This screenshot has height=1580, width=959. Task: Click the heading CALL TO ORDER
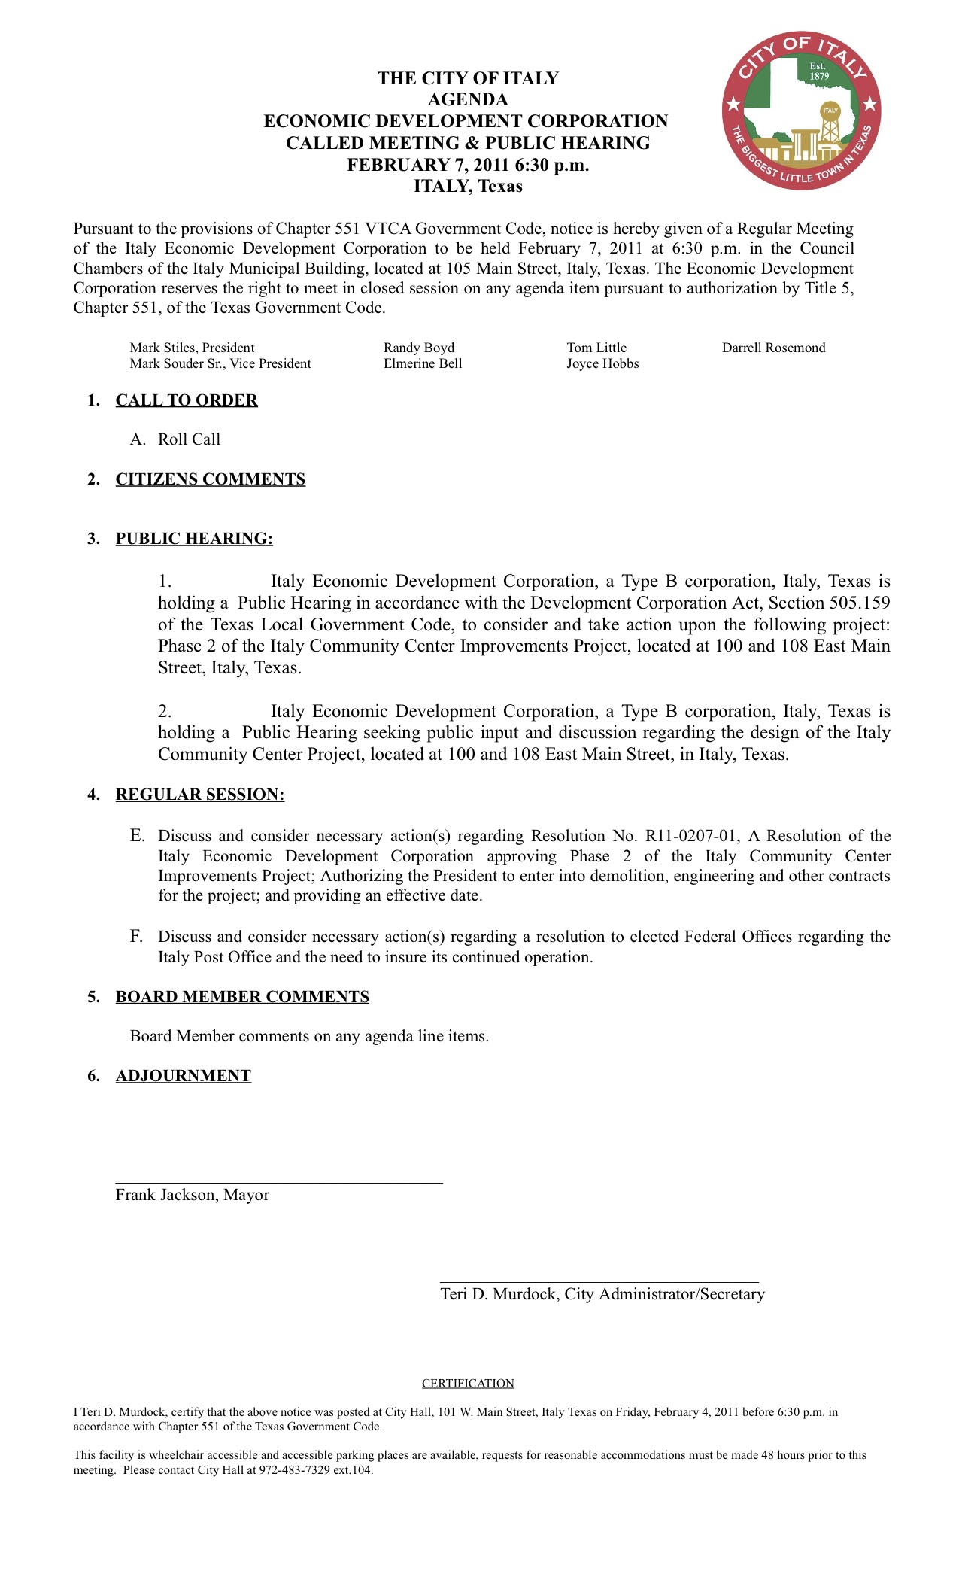187,400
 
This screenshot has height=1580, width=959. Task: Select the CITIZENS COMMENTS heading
211,479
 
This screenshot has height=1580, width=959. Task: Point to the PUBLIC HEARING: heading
194,539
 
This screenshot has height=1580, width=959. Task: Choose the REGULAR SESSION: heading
200,795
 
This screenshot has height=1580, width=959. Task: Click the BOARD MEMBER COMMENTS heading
242,997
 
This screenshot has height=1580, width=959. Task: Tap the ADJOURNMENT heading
184,1076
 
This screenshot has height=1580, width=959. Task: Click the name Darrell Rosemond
773,348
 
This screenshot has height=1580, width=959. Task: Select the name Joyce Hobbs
602,363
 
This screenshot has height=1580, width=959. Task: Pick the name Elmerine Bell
423,363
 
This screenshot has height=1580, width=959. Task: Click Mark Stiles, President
192,348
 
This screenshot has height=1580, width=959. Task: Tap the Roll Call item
189,439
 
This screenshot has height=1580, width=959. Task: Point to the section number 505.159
860,603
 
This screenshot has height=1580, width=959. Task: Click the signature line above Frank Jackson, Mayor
279,1183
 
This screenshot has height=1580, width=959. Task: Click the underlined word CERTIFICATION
468,1384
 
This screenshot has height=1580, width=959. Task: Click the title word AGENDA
468,99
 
